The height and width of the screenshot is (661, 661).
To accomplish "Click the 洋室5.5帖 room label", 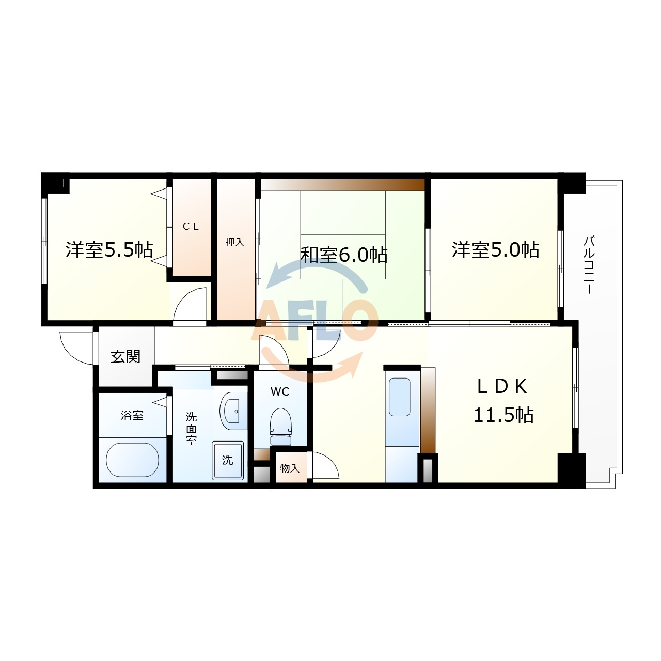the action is click(x=109, y=250).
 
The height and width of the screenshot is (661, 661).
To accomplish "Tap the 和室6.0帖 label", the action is click(x=344, y=255).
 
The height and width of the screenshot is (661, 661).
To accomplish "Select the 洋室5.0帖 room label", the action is click(x=495, y=250).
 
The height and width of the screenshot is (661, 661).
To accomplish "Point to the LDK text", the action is click(x=502, y=387).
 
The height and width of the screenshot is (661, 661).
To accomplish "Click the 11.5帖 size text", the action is click(x=503, y=415).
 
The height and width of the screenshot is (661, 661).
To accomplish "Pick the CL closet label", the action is click(x=191, y=226).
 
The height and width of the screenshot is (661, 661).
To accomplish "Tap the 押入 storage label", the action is click(x=234, y=242).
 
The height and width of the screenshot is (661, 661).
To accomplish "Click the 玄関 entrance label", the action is click(x=125, y=357).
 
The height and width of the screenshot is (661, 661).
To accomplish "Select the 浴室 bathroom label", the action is click(x=132, y=415).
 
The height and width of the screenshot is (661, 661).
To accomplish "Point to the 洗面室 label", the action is click(x=192, y=429).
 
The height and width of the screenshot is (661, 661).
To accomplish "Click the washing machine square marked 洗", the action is click(x=228, y=461).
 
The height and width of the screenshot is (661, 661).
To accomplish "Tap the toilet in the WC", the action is click(x=281, y=427).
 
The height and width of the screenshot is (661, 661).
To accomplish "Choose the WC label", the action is click(x=280, y=392).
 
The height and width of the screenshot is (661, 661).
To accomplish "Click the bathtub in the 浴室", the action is click(x=132, y=460).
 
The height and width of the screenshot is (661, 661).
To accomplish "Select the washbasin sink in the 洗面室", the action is click(x=233, y=411).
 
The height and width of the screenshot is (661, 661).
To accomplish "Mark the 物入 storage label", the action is click(x=290, y=468).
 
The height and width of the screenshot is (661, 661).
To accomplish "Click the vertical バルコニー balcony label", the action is click(x=589, y=265).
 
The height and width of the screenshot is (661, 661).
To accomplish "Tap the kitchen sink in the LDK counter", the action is click(x=400, y=397).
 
